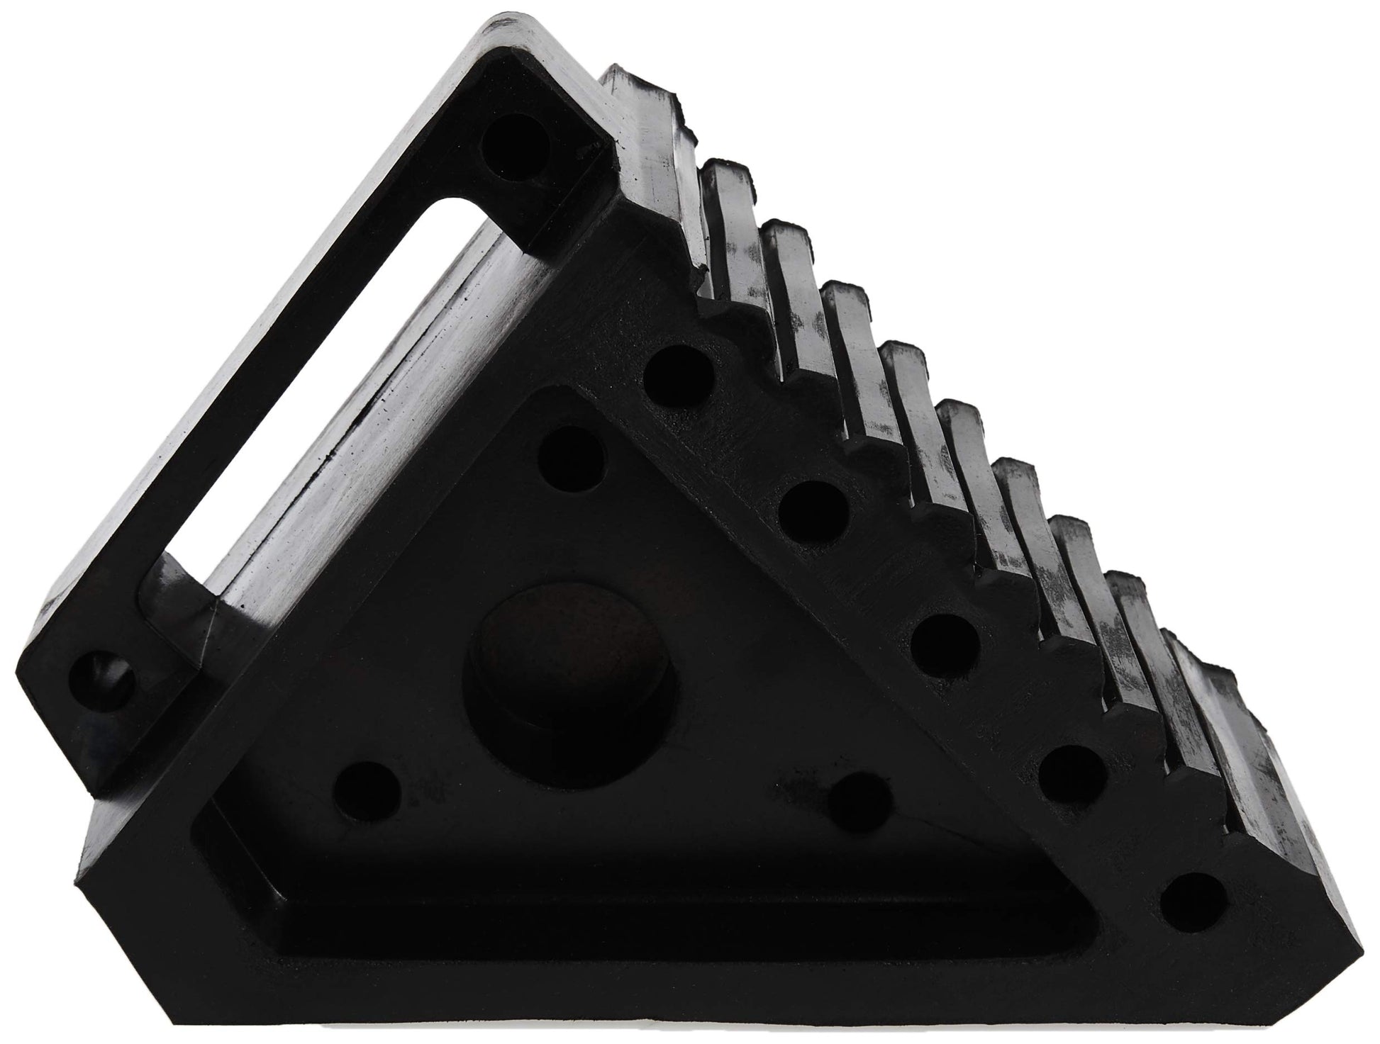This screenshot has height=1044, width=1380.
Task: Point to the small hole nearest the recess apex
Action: pos(572,457)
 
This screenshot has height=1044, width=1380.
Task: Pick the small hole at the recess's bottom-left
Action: pos(366,790)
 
